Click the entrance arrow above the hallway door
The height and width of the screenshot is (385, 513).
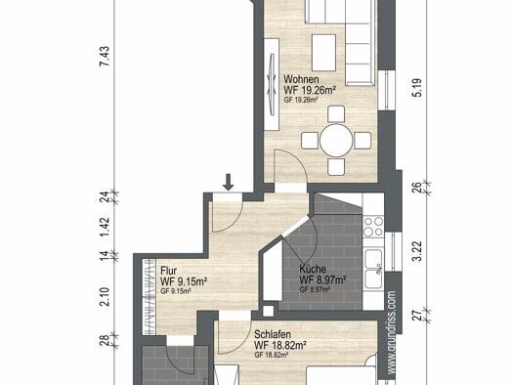tap(229, 182)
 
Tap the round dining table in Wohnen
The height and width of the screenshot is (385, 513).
tap(336, 141)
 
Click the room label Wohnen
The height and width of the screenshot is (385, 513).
tap(301, 79)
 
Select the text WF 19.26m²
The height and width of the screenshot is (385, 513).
tap(310, 90)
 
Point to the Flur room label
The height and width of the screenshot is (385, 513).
tap(169, 271)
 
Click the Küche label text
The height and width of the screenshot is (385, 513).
tap(313, 269)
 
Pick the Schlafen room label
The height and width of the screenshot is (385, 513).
tap(273, 334)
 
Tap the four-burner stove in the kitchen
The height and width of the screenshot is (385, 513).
tap(373, 227)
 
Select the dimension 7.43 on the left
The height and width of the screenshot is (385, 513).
tap(105, 57)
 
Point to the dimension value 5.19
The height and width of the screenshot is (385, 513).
tap(418, 88)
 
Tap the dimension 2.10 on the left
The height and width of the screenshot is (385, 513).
tap(105, 296)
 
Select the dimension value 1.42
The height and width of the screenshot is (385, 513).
tap(105, 227)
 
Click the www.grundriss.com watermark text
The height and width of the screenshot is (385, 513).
tap(392, 332)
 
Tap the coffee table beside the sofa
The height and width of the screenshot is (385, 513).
tap(323, 53)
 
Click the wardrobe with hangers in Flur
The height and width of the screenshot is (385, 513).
tap(149, 297)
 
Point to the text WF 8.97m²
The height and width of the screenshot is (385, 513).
tap(323, 280)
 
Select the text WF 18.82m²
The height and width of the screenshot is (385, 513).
tap(280, 345)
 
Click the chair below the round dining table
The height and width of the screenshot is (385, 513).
tap(336, 166)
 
